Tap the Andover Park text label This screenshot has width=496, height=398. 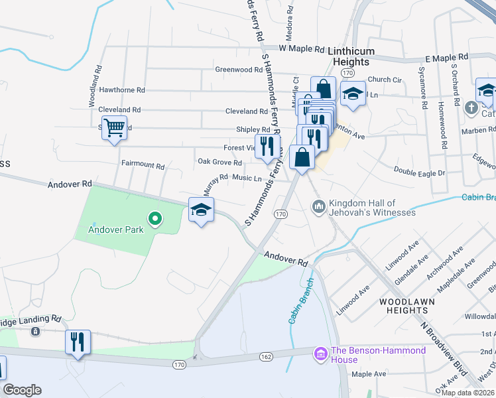point(116,231)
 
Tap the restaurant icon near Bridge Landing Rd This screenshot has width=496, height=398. point(78,342)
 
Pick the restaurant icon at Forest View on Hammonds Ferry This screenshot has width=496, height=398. point(267,146)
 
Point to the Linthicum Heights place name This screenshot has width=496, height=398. point(351,56)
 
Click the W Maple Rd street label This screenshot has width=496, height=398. point(302,49)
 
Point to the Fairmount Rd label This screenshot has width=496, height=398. point(143,165)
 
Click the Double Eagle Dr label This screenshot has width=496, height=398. point(420,170)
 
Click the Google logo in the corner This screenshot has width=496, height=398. point(23,390)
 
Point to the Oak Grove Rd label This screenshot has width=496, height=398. point(219,162)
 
